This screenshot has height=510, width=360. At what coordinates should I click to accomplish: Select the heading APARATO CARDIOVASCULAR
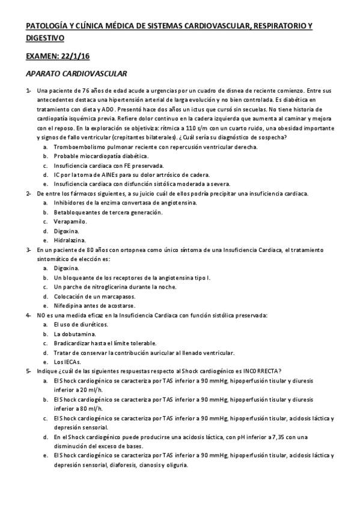(76, 73)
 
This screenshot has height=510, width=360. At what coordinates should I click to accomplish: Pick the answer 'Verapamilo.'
(72, 221)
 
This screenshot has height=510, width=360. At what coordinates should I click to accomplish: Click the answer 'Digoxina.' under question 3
(66, 268)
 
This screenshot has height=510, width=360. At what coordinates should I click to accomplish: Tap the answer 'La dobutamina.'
(74, 333)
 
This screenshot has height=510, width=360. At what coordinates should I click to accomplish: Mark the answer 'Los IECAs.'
(67, 362)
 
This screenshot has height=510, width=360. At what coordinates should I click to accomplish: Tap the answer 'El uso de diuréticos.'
(81, 324)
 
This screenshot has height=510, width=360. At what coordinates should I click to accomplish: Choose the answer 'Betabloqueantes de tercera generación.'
(108, 212)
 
